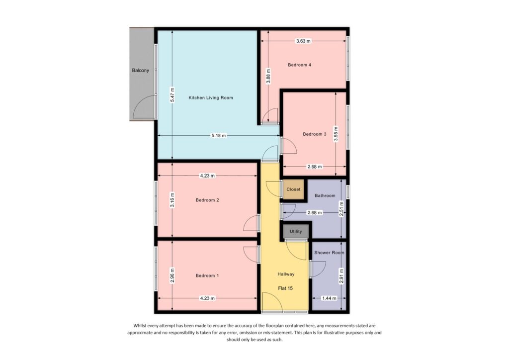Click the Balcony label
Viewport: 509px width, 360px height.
pyautogui.click(x=140, y=71)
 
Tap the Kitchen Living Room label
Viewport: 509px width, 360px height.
pyautogui.click(x=211, y=98)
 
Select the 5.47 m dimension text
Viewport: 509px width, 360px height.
pyautogui.click(x=172, y=94)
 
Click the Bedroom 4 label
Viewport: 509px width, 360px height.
pyautogui.click(x=299, y=65)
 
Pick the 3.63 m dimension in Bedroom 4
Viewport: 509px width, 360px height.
pyautogui.click(x=303, y=41)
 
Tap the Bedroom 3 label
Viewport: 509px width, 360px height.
pyautogui.click(x=315, y=134)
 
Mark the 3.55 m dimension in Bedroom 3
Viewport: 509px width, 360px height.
pyautogui.click(x=336, y=135)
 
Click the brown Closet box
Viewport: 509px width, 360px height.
pyautogui.click(x=293, y=189)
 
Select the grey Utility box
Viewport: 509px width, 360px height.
pyautogui.click(x=296, y=232)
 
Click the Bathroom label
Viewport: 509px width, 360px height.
pyautogui.click(x=325, y=196)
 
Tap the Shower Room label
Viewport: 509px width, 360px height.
pyautogui.click(x=329, y=253)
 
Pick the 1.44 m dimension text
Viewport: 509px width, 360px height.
pyautogui.click(x=329, y=298)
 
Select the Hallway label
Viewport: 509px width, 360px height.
pyautogui.click(x=286, y=274)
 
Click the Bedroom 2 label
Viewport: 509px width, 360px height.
pyautogui.click(x=207, y=200)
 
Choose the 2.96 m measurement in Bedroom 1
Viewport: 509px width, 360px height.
pyautogui.click(x=172, y=274)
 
